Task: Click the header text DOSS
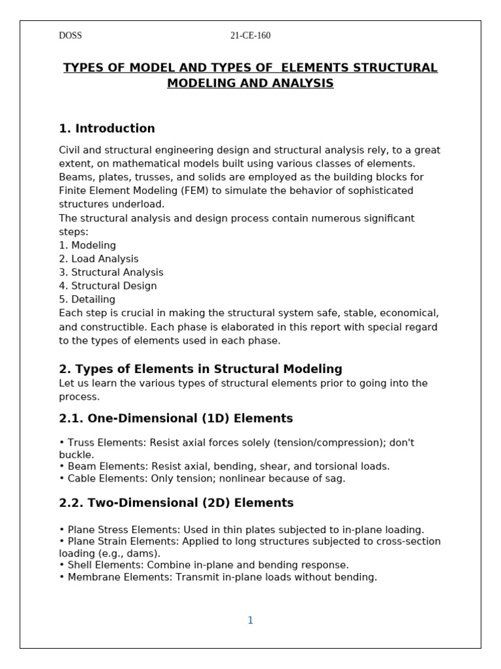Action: (x=70, y=36)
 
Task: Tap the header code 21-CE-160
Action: (x=250, y=36)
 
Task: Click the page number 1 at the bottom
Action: (x=250, y=621)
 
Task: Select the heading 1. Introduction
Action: (x=107, y=129)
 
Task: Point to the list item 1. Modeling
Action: (x=87, y=246)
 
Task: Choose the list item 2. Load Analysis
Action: (x=99, y=259)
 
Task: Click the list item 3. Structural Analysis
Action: (x=111, y=272)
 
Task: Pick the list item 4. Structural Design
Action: (x=108, y=286)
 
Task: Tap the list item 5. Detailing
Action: (x=87, y=300)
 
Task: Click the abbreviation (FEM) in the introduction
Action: (x=187, y=191)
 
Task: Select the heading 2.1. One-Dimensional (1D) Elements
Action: (x=176, y=419)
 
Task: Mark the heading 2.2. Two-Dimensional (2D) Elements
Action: (x=176, y=503)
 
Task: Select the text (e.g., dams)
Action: (x=110, y=553)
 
